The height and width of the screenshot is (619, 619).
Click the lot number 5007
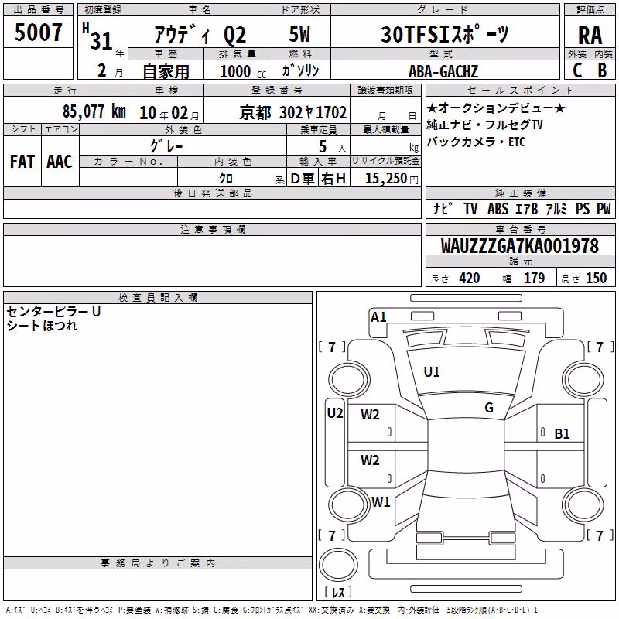38,32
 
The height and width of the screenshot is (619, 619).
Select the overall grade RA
590,36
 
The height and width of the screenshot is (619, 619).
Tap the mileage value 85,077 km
94,111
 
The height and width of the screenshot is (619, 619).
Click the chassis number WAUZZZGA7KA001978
519,246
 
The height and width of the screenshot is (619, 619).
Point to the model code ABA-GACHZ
443,71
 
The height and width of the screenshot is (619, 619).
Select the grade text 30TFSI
416,35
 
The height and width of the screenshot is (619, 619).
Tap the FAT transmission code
22,162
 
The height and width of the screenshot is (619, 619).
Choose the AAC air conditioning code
60,162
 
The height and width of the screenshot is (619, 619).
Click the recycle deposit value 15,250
386,179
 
